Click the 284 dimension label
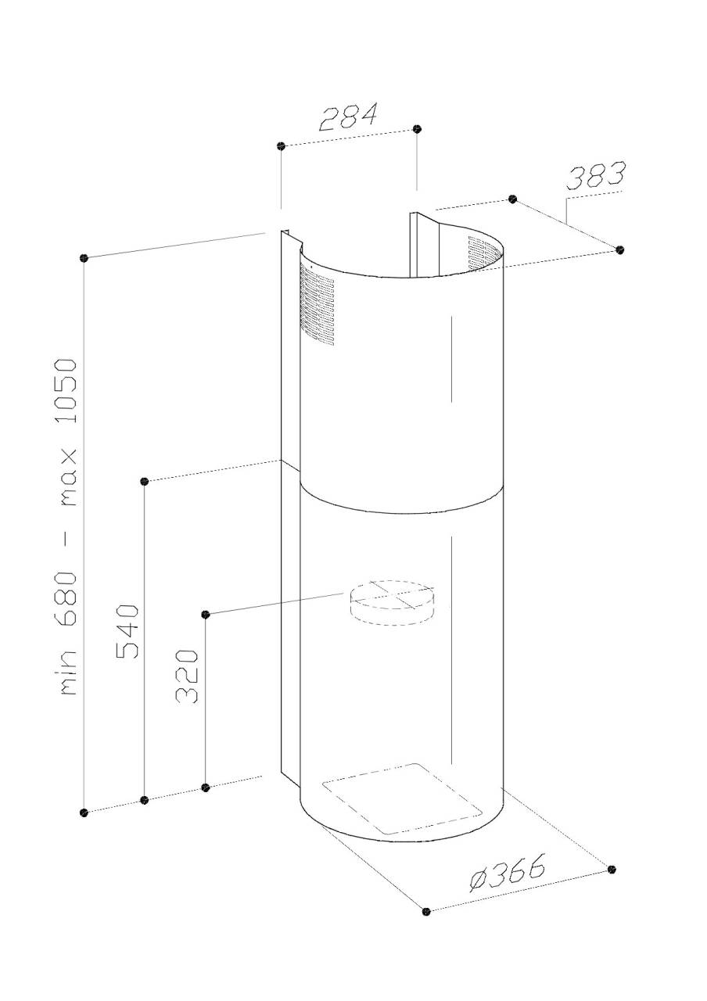coord(349,117)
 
